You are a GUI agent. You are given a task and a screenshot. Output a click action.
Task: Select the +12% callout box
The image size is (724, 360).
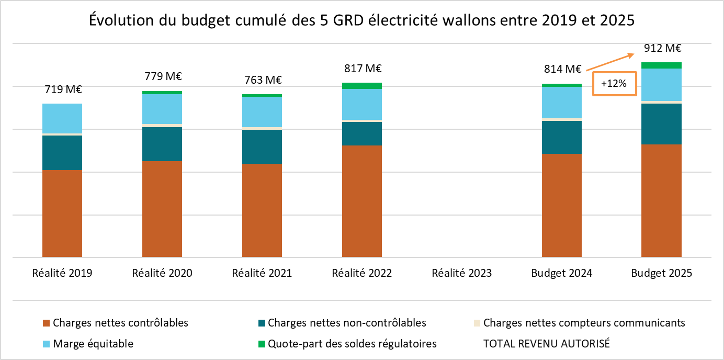614,84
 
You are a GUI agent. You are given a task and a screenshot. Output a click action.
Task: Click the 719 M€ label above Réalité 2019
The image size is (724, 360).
62,89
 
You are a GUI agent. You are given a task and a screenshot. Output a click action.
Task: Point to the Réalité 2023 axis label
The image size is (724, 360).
462,273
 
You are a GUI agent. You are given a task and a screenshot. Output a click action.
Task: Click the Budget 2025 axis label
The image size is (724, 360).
661,273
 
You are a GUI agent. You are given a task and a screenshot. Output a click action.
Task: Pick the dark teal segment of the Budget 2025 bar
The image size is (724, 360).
661,123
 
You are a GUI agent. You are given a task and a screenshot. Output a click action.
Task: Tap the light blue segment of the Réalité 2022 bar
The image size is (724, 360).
362,104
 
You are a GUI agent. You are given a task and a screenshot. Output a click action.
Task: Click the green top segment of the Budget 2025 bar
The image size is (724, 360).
661,65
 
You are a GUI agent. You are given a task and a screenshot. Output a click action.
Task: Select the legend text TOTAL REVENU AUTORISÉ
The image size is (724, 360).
547,344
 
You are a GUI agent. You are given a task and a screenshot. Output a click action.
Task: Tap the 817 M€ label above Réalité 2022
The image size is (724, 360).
362,69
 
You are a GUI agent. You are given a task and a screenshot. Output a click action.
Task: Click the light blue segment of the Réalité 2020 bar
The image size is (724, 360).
162,109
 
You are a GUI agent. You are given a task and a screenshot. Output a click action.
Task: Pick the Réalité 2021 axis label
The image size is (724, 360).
262,273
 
